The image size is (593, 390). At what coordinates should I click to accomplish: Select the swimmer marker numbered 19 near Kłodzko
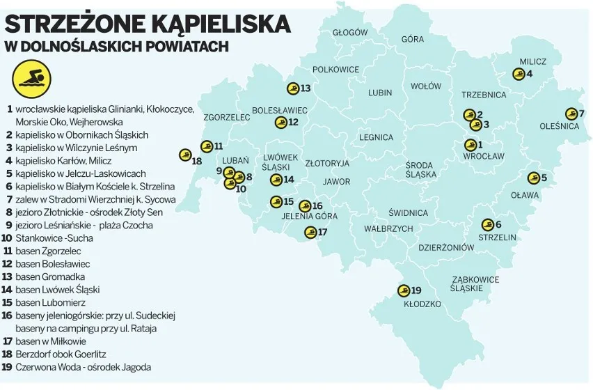pos(403,290)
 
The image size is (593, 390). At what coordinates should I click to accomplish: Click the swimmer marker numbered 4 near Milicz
pos(518,74)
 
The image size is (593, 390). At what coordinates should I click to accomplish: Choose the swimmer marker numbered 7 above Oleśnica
pos(571,114)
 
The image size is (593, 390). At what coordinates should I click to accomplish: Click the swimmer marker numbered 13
pos(293,88)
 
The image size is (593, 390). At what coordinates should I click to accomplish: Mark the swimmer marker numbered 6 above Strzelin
pos(487,224)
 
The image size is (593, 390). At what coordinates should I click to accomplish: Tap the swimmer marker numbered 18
pos(185,155)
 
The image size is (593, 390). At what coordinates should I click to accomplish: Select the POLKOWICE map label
pos(335,70)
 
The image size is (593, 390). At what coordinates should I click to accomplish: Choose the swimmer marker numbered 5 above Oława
pos(533,178)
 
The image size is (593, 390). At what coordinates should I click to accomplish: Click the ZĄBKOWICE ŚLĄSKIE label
pos(475,283)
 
